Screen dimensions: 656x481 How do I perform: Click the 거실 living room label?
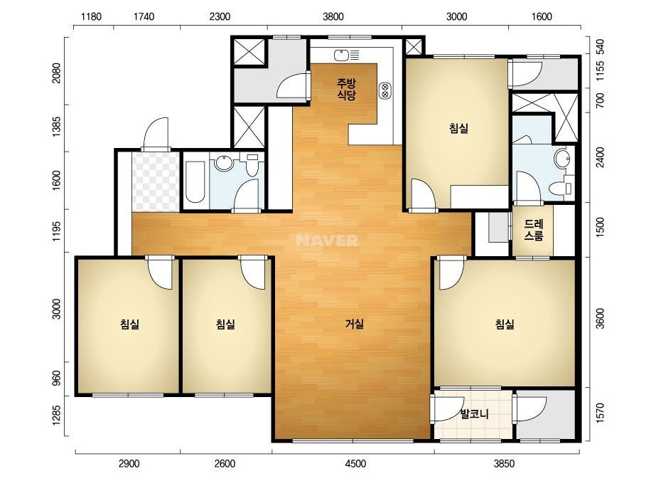pos(354,324)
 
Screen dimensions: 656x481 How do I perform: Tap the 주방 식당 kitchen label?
pos(346,89)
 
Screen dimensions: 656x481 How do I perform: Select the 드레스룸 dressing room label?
pos(534,230)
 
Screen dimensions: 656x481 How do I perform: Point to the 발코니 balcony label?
pos(475,414)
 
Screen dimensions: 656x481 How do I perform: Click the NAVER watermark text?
pos(327,240)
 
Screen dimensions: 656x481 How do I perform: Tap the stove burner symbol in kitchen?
pos(385,90)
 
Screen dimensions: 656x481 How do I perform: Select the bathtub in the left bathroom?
pos(195,181)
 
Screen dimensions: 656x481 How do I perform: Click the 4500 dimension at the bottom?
pos(355,464)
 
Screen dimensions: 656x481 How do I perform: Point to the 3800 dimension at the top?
pos(333,17)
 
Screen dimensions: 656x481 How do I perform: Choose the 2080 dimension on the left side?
pos(56,73)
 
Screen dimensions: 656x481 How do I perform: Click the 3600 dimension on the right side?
pos(601,319)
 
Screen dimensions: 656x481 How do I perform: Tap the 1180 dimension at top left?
pos(91,17)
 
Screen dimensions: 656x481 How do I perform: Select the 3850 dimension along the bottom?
pos(504,464)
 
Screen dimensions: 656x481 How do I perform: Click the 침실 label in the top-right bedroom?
pos(458,128)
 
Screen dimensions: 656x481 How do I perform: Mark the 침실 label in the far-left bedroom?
pos(129,324)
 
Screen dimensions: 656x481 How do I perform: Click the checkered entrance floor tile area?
pos(156,182)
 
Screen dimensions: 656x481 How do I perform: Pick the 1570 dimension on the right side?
pos(601,413)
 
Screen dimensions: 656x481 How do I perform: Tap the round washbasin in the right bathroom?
pos(562,159)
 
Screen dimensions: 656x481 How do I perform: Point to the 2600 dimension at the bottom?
pos(225,464)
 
